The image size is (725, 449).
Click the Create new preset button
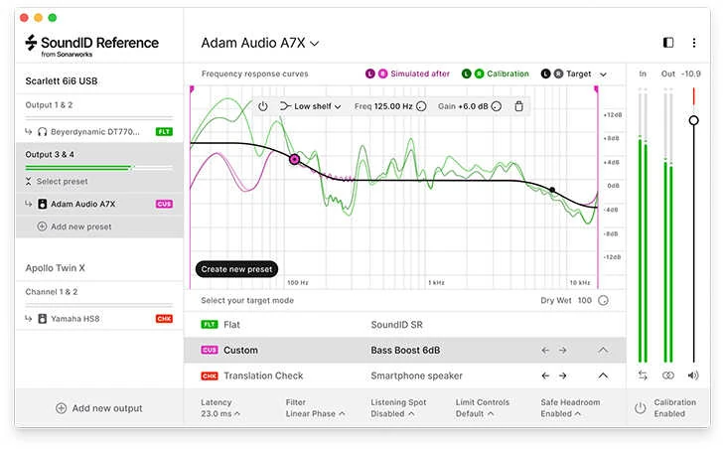(237, 269)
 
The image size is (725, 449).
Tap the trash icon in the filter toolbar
(518, 106)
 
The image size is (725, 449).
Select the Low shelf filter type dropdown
(311, 106)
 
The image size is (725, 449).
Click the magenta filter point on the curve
(294, 159)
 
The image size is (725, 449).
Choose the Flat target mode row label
(231, 325)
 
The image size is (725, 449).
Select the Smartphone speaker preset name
(416, 376)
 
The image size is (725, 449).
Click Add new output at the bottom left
(99, 408)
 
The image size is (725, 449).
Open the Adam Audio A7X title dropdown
(260, 43)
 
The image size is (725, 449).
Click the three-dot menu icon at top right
(694, 43)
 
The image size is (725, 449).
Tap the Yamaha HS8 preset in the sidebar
(75, 319)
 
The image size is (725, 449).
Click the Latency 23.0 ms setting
(220, 408)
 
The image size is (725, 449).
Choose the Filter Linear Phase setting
(314, 408)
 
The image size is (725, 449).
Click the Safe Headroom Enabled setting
(574, 408)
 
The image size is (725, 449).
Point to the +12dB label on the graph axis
(612, 115)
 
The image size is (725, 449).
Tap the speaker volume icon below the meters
(693, 375)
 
